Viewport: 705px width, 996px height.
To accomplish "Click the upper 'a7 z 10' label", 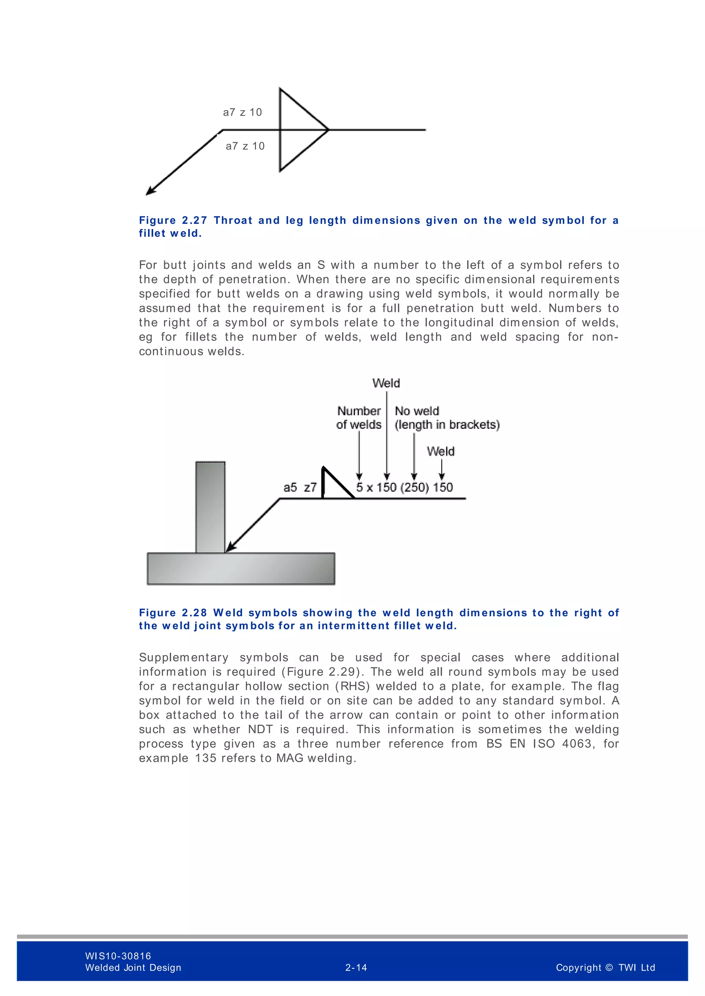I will (x=242, y=112).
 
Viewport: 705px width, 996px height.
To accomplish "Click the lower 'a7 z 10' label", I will (x=245, y=146).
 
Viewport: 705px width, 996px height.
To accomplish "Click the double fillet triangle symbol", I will (x=299, y=129).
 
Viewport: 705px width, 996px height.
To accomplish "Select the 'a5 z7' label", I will (x=299, y=488).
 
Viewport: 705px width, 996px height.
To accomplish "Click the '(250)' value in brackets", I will (x=414, y=488).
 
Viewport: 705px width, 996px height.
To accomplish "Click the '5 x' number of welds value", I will (x=364, y=488).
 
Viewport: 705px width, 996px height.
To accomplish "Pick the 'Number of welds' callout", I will (x=359, y=418).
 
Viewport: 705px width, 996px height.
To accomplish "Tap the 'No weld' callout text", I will (x=417, y=411).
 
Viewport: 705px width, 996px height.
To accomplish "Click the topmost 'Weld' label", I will (x=386, y=383).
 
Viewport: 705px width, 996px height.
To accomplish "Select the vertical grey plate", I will (x=210, y=507).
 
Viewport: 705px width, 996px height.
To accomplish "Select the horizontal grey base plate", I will (x=241, y=568).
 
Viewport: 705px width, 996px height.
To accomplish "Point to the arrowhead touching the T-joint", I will (x=230, y=548).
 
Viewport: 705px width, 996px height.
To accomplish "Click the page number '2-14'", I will (x=356, y=968).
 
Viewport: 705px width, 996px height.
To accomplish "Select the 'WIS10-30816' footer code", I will (x=118, y=956).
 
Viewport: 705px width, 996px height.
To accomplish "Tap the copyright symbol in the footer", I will (x=609, y=968).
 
